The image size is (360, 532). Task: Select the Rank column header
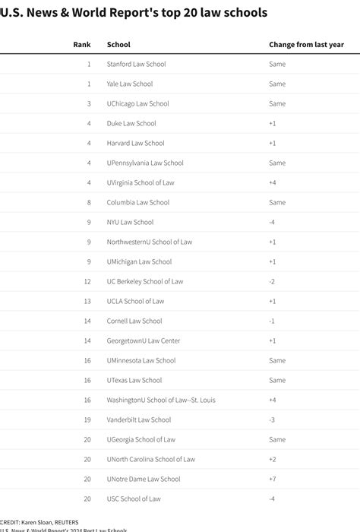pos(81,45)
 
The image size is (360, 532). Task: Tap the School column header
pos(118,45)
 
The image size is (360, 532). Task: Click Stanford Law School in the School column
pos(136,65)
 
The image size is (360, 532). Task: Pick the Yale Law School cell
pos(130,84)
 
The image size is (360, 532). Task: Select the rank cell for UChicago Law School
pos(88,104)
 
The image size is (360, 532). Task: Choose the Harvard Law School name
pos(136,144)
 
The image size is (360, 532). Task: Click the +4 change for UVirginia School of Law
pos(273,183)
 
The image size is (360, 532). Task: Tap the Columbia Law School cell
pos(138,203)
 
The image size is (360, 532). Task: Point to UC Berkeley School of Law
pos(145,282)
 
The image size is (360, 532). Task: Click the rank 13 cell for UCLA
pos(87,302)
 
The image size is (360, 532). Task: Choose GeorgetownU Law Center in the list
pos(144,341)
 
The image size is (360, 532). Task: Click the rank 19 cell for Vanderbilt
pos(87,420)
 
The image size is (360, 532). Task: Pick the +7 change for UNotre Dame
pos(273,480)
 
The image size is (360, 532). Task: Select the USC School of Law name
pos(134,499)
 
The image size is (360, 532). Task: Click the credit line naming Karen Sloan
pos(35,522)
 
